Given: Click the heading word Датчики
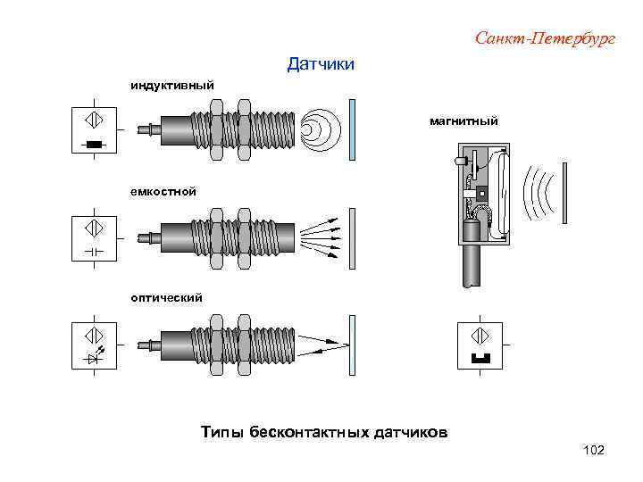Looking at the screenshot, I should [x=321, y=64].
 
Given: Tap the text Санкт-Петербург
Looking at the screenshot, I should [x=545, y=38].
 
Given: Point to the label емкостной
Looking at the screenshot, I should [x=161, y=192].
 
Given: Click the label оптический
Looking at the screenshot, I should [x=163, y=296].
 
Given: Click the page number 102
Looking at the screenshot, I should [x=592, y=451].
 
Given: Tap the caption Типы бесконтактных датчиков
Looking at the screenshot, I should [x=325, y=433].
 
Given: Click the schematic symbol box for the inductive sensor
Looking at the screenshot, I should [x=95, y=129].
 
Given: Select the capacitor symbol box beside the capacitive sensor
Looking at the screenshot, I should [x=95, y=237].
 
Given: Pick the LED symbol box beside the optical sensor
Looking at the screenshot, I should [x=95, y=344].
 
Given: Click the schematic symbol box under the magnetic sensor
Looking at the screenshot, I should [x=478, y=345].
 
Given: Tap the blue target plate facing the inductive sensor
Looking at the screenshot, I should [x=354, y=129].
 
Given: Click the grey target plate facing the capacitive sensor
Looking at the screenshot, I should [x=353, y=237].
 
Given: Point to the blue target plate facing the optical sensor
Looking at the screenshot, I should [x=353, y=345].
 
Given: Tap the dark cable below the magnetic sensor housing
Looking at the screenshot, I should [x=472, y=265].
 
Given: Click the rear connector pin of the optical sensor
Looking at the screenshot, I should [x=147, y=345].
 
